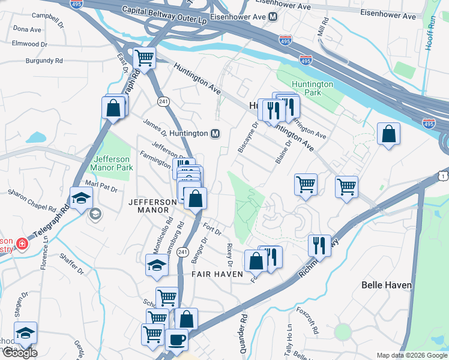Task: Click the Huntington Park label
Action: tap(312, 89)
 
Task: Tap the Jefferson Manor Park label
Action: tap(112, 163)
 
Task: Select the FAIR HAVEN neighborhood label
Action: tap(217, 274)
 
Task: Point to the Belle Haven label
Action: tap(387, 285)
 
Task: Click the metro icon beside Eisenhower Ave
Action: tap(273, 17)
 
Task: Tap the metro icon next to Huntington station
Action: tap(215, 133)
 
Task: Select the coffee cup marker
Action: tap(176, 340)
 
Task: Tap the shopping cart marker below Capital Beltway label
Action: tap(145, 58)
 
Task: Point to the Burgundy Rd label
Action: tap(44, 61)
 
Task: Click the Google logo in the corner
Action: tap(20, 352)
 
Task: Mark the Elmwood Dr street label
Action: tap(29, 44)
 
